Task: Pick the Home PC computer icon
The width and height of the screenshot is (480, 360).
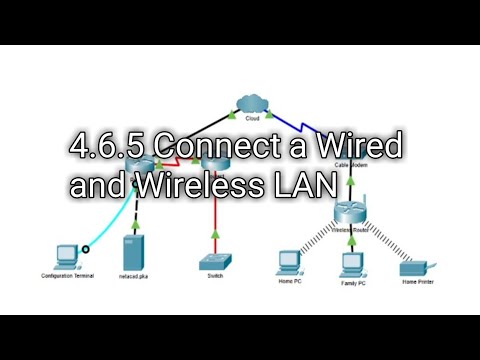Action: click(x=289, y=262)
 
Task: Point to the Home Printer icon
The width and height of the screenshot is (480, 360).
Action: click(x=412, y=266)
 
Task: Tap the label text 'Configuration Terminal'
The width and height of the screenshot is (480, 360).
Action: click(x=67, y=275)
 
